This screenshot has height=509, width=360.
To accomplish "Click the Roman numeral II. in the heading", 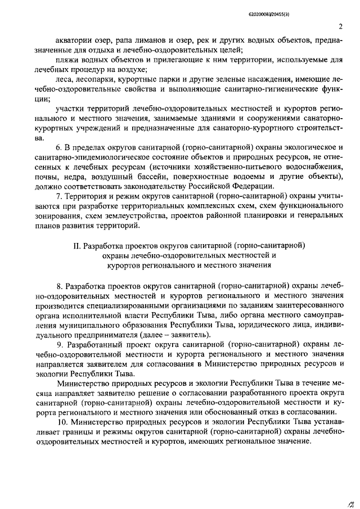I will pyautogui.click(x=78, y=246).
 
